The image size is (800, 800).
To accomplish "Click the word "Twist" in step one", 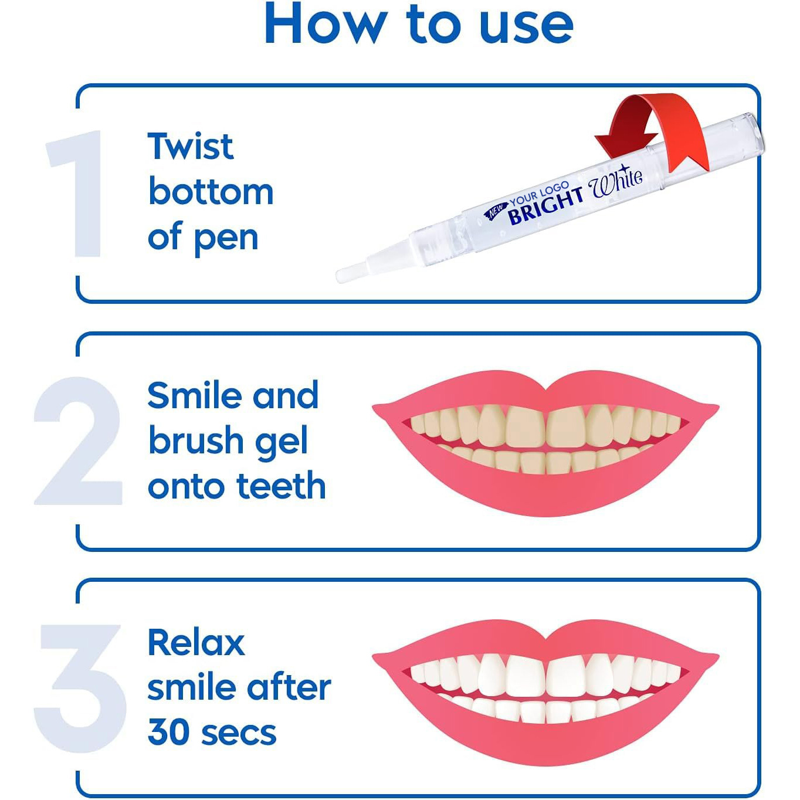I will [191, 146].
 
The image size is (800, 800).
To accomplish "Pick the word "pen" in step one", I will [226, 238].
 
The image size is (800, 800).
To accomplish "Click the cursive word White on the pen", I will [616, 181].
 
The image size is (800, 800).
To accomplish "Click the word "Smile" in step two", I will [194, 395].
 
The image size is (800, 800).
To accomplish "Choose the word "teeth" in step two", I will [281, 486].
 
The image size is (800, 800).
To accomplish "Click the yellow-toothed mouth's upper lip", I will [545, 390].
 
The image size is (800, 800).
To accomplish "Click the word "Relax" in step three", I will [196, 643].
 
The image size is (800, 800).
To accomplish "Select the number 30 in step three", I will [167, 733].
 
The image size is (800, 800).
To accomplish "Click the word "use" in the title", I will [526, 25].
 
